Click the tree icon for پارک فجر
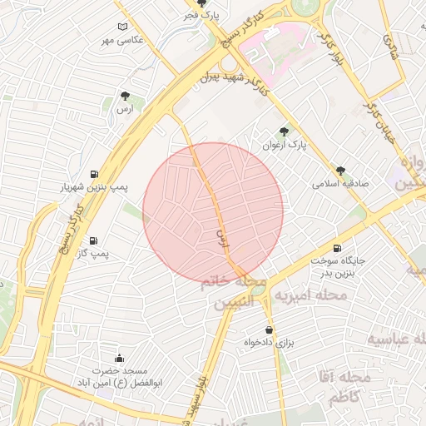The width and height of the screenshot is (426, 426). click(201, 3)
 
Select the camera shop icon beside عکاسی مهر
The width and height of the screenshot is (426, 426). click(123, 27)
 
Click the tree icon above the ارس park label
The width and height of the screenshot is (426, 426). click(125, 96)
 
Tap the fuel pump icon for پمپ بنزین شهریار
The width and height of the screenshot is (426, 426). click(93, 174)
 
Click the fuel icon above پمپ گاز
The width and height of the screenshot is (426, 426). click(92, 240)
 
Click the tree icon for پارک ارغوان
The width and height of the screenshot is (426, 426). click(285, 131)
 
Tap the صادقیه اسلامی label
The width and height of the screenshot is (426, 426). click(340, 183)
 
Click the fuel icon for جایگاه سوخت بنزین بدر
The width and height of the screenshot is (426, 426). click(336, 248)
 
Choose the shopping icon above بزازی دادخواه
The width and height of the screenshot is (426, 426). click(269, 329)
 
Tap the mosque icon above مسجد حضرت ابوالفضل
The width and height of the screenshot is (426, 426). click(119, 358)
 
